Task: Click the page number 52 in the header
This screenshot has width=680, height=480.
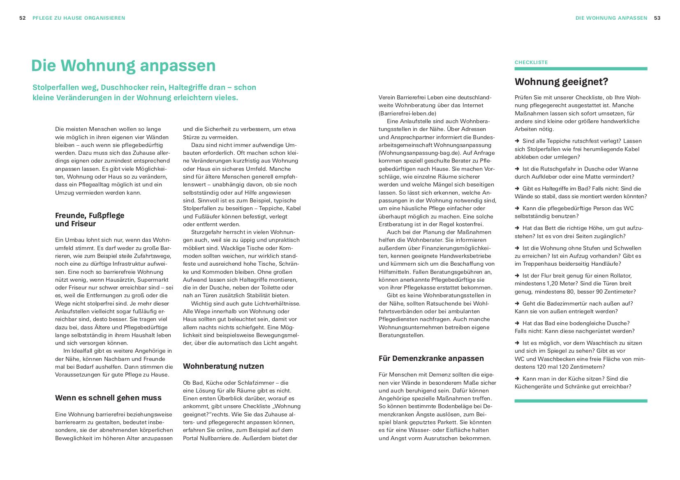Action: (23, 18)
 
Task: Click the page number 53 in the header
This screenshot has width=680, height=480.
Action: (657, 18)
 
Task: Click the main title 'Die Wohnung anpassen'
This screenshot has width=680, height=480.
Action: (123, 66)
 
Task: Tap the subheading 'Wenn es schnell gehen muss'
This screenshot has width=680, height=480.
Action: (108, 397)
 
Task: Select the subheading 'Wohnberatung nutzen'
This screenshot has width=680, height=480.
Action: (223, 366)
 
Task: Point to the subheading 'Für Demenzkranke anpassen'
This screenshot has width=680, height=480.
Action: (431, 358)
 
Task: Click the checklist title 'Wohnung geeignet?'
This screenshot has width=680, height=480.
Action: (561, 82)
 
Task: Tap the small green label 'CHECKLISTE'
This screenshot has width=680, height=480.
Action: (531, 62)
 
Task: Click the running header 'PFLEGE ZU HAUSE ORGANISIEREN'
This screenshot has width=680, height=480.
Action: (79, 18)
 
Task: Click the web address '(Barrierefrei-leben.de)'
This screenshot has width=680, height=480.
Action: (407, 113)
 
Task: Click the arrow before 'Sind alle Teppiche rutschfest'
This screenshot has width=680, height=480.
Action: (517, 141)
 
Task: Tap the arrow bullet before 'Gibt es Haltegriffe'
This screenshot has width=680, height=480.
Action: (517, 188)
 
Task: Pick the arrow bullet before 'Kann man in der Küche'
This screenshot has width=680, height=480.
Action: (517, 379)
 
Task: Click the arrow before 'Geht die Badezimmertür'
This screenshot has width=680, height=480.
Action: (517, 303)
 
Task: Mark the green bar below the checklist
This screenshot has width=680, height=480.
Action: (581, 401)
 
